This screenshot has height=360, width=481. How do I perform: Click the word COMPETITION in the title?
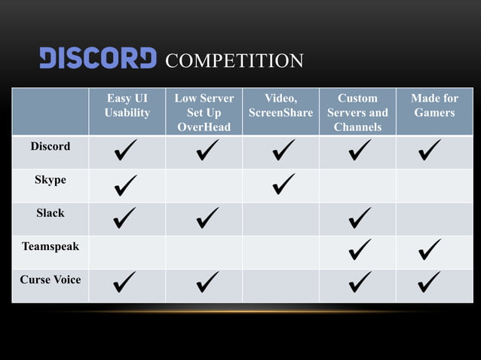234,60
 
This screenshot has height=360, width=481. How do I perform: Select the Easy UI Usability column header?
127,105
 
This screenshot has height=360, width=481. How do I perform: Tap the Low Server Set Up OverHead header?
204,112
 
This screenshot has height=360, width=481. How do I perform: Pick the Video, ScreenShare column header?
280,105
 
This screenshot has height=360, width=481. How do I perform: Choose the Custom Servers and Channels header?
357,112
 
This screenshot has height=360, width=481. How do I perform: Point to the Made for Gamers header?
434,105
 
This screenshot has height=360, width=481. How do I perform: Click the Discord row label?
50,146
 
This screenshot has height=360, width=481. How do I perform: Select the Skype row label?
50,180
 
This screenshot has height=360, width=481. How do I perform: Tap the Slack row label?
50,213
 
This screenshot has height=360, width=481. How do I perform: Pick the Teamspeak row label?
50,246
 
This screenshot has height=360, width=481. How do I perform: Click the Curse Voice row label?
50,279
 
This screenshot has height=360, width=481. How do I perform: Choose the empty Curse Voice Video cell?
280,285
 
